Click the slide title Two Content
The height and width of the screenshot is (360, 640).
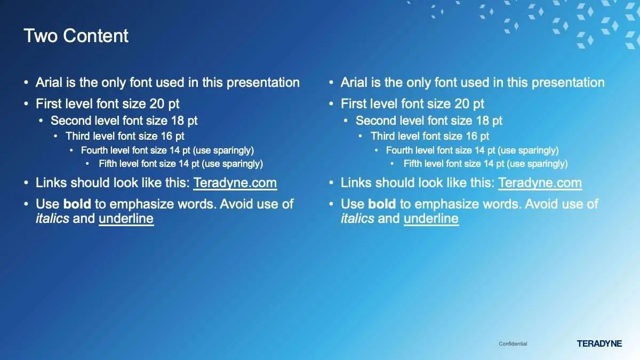(76, 36)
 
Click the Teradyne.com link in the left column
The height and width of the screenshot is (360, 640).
(235, 183)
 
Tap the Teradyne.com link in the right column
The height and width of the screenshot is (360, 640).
(540, 183)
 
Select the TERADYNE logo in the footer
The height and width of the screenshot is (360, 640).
(599, 343)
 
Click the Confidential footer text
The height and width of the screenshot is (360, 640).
(513, 343)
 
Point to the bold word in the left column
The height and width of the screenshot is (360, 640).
(77, 204)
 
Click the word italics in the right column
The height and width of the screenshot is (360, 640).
(357, 219)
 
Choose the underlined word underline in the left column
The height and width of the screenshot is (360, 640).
(126, 219)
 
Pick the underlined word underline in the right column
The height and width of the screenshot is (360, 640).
(431, 219)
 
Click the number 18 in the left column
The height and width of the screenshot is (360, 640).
(177, 121)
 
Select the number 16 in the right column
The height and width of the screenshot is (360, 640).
(471, 137)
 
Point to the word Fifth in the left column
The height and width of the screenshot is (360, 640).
(108, 164)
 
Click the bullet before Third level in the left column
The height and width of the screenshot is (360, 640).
(55, 137)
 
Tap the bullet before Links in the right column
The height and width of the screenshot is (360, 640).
(331, 183)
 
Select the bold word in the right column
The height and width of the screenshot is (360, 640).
(382, 204)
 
